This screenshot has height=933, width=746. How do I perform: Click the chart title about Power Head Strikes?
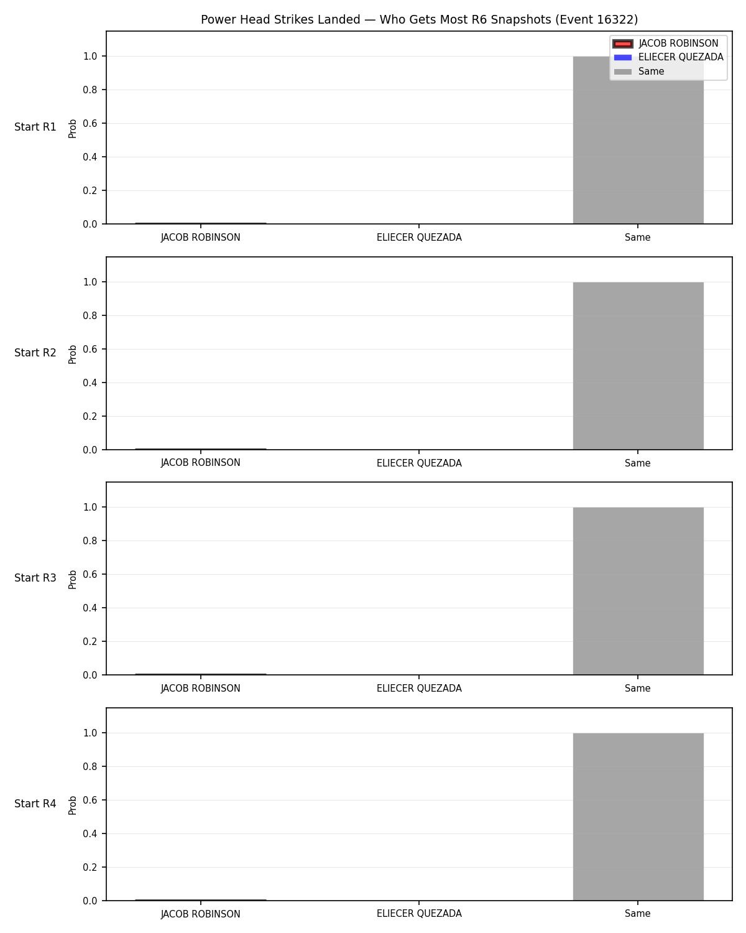coord(419,19)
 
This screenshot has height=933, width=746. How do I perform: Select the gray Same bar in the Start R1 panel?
coord(638,140)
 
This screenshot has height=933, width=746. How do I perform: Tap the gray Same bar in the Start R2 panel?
coord(638,366)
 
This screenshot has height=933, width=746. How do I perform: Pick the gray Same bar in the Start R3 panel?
coord(638,591)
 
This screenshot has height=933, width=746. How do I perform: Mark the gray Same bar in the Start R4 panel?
coord(638,817)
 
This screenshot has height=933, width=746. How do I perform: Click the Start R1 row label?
coord(35,127)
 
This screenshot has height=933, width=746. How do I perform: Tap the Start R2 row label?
coord(35,353)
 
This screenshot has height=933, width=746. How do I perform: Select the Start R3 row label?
coord(35,578)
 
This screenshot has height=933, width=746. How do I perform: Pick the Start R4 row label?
coord(35,804)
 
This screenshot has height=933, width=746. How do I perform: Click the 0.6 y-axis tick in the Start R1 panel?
coord(90,124)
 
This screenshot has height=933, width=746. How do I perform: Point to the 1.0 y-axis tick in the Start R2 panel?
coord(90,282)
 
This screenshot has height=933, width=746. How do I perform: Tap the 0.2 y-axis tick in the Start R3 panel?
coord(90,641)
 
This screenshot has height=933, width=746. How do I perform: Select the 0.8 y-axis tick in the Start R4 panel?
coord(90,766)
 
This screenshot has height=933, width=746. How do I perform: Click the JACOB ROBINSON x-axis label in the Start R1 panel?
coord(200,238)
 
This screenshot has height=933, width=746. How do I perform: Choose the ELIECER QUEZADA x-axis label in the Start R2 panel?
coord(419,463)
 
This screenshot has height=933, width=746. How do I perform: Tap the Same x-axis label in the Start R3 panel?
coord(638,689)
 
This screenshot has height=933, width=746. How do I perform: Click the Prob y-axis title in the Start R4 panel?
coord(72,805)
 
